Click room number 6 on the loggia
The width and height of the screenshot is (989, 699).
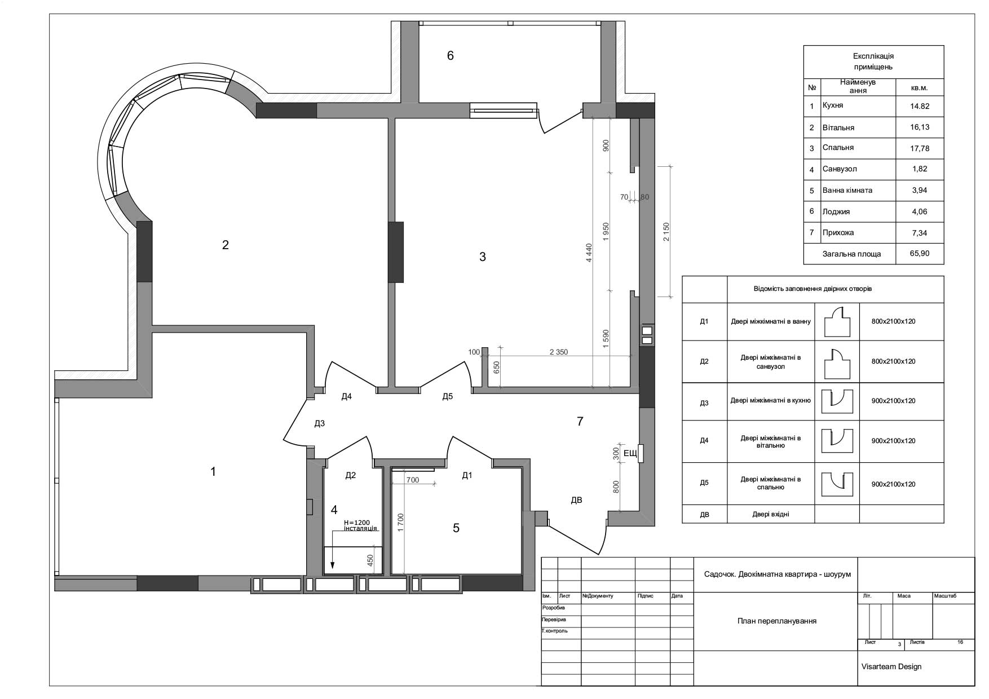pyautogui.click(x=450, y=56)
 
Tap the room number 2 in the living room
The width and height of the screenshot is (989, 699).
pyautogui.click(x=226, y=245)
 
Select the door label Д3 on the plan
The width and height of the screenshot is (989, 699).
pyautogui.click(x=319, y=423)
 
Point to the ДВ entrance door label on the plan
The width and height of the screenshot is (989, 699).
pyautogui.click(x=576, y=500)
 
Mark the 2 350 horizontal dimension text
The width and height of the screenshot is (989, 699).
pyautogui.click(x=559, y=352)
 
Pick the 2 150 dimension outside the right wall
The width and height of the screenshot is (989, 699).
pyautogui.click(x=666, y=232)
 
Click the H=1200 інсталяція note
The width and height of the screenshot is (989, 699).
pyautogui.click(x=360, y=525)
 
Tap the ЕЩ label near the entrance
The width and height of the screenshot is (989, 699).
pyautogui.click(x=630, y=453)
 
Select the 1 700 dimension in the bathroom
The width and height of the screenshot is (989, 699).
pyautogui.click(x=400, y=523)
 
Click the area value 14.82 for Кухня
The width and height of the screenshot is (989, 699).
pyautogui.click(x=920, y=106)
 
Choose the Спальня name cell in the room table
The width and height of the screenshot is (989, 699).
pyautogui.click(x=838, y=148)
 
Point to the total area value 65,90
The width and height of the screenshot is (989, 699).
pyautogui.click(x=920, y=254)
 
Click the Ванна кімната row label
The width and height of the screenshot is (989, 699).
pyautogui.click(x=847, y=190)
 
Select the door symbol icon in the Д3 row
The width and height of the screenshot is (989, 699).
pyautogui.click(x=837, y=401)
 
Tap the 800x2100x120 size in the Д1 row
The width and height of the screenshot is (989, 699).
pyautogui.click(x=893, y=321)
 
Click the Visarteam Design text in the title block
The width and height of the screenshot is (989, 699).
pyautogui.click(x=891, y=666)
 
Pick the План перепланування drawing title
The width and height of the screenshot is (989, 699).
pyautogui.click(x=776, y=621)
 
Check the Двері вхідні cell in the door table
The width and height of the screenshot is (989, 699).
pyautogui.click(x=770, y=514)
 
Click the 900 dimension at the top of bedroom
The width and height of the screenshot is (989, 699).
pyautogui.click(x=606, y=146)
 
